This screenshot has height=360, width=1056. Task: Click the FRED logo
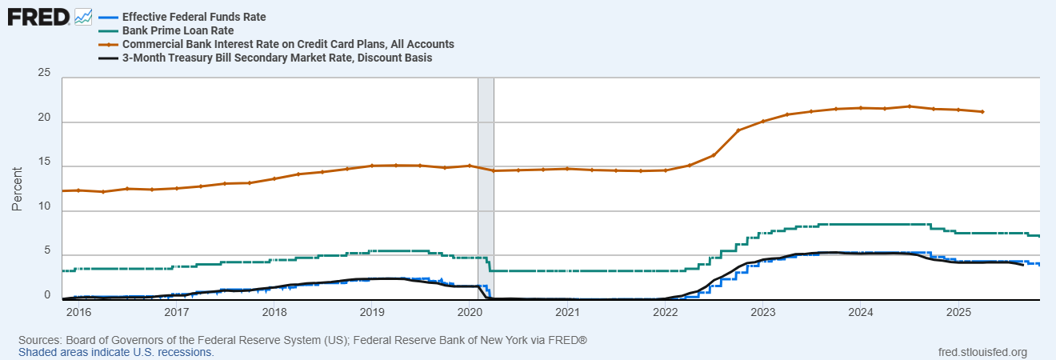click(38, 16)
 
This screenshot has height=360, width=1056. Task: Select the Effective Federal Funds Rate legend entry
click(194, 17)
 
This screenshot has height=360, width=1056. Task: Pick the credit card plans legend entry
click(288, 44)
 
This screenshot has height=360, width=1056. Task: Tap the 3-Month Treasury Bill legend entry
click(276, 58)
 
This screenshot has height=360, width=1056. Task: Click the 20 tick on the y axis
click(45, 118)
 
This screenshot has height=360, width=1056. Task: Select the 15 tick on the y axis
click(45, 163)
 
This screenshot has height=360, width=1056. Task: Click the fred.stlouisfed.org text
click(982, 352)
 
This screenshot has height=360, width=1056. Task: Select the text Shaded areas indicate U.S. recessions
click(116, 352)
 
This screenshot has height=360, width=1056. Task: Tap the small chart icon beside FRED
click(83, 16)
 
